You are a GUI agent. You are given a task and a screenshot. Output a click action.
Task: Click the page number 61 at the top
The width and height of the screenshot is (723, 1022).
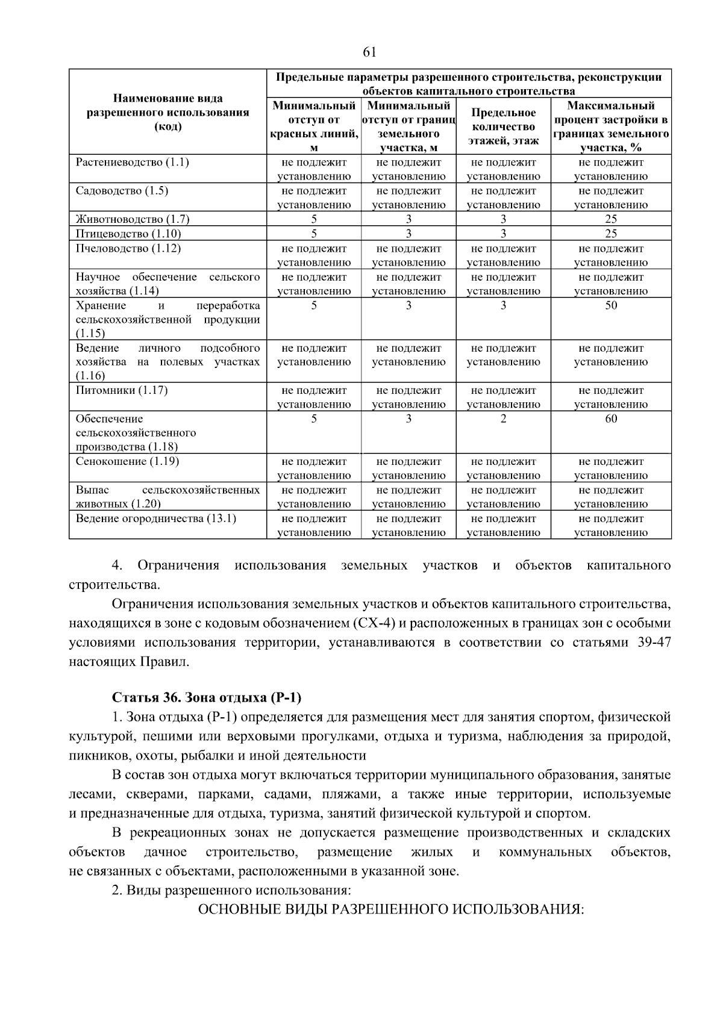coord(369,52)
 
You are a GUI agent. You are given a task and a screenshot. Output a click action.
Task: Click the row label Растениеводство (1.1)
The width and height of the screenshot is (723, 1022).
coord(133,163)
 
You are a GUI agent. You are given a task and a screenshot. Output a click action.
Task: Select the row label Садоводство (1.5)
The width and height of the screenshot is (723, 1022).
coord(122,191)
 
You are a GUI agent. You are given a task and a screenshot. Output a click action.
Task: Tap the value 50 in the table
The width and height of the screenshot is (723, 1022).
coord(611,305)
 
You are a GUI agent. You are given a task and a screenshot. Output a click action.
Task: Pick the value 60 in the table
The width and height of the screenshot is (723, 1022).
coord(611,419)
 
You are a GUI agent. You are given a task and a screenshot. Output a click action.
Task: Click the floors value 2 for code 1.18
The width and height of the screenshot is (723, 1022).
coord(503,419)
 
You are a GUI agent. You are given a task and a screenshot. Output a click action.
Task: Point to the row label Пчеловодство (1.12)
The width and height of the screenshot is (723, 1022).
coord(128,248)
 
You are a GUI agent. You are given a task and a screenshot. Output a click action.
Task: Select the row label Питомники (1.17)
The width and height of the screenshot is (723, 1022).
coord(122,390)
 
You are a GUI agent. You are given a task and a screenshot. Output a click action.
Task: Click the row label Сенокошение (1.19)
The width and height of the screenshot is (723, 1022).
coord(128,461)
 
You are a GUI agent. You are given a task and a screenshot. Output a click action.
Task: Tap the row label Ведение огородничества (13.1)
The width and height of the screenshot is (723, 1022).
coord(156,519)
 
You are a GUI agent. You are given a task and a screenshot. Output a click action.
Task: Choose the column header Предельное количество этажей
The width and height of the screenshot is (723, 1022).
coord(503,126)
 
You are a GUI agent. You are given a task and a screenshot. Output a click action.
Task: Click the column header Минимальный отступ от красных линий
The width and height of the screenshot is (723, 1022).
coord(314,126)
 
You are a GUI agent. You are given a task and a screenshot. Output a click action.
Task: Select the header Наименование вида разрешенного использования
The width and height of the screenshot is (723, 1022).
coord(168,112)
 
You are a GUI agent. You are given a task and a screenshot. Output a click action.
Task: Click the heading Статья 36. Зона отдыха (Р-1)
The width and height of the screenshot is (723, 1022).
coord(207,697)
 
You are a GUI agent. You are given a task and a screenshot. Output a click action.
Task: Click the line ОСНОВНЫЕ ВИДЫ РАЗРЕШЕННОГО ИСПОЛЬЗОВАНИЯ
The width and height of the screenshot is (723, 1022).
coord(391,909)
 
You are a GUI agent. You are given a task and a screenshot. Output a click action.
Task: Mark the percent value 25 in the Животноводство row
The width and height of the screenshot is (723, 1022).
coord(611,219)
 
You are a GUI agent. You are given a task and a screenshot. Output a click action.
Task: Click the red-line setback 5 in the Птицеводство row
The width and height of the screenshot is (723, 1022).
coord(314,234)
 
